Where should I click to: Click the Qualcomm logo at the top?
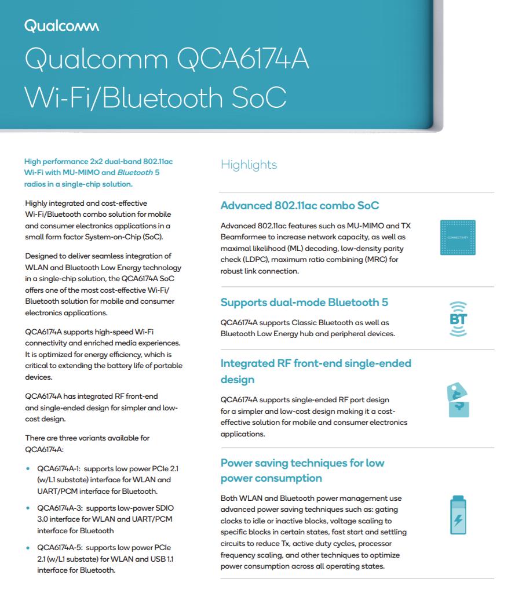[61, 26]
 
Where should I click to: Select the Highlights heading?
[249, 165]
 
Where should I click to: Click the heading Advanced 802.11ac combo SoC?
[300, 206]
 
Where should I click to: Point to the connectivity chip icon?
[458, 238]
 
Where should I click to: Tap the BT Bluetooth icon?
[458, 319]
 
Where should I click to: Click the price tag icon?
[458, 401]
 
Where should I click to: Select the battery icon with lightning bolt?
[458, 515]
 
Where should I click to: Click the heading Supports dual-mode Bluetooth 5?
[304, 303]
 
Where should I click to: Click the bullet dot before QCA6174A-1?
[28, 468]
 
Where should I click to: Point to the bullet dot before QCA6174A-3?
[28, 508]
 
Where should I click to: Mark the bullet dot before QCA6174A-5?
[28, 547]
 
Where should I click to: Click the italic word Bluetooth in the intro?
[136, 173]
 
